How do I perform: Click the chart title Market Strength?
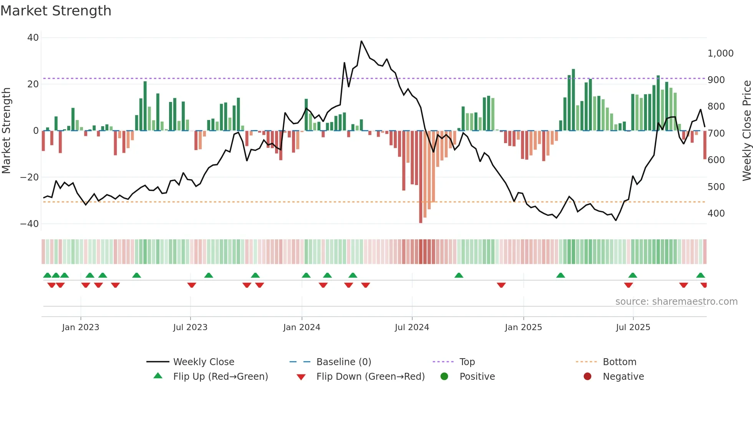click(56, 11)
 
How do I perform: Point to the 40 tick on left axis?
click(33, 38)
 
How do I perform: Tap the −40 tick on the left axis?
click(30, 224)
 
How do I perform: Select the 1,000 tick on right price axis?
click(720, 53)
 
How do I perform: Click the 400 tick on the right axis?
click(716, 213)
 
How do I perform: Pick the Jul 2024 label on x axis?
click(412, 327)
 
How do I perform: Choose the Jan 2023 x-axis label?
click(81, 327)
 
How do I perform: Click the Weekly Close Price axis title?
click(746, 131)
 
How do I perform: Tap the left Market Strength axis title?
click(7, 131)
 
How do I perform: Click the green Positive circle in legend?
click(445, 376)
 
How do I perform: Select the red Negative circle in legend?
click(587, 376)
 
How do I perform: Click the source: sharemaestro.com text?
click(676, 302)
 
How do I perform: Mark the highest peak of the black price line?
click(362, 41)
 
